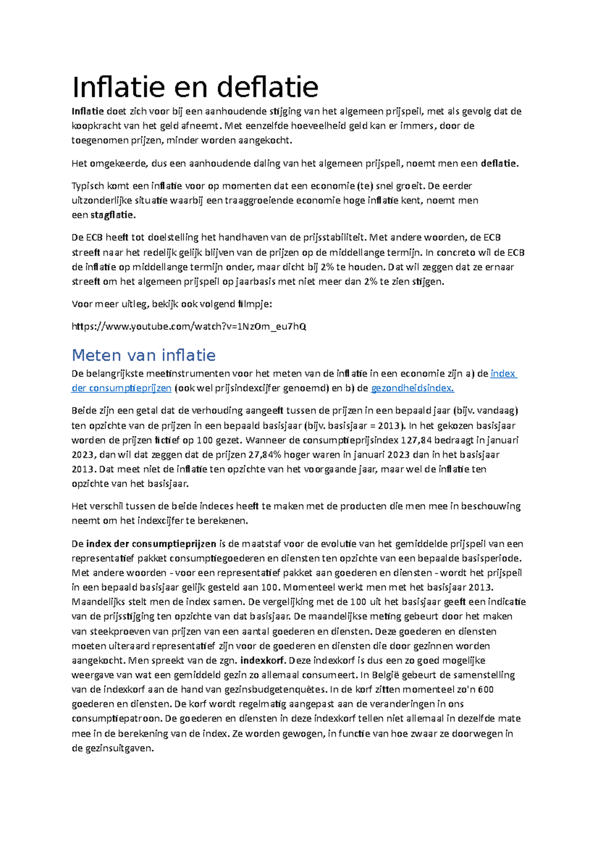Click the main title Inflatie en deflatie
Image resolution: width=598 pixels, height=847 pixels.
point(195,87)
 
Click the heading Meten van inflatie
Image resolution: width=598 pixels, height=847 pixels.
point(144,355)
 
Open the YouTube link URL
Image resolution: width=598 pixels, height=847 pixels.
point(189,327)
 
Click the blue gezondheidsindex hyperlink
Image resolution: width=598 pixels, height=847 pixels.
point(413,388)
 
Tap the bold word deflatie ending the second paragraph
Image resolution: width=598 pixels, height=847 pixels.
point(499,164)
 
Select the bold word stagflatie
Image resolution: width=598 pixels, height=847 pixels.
point(113,215)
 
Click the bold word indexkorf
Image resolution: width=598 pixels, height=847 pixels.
point(263,660)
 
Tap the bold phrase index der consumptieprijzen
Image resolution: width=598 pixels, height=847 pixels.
point(151,544)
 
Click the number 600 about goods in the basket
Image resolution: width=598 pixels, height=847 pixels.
point(485,689)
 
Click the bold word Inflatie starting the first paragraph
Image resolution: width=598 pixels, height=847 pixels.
point(88,111)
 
